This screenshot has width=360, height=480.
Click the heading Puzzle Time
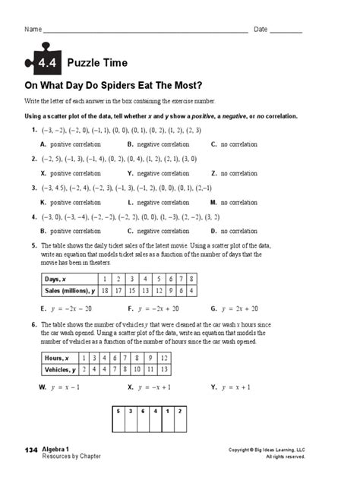pyautogui.click(x=97, y=63)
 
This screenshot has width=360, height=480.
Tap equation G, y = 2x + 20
pyautogui.click(x=235, y=309)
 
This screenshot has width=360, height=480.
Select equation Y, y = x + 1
pyautogui.click(x=235, y=387)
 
